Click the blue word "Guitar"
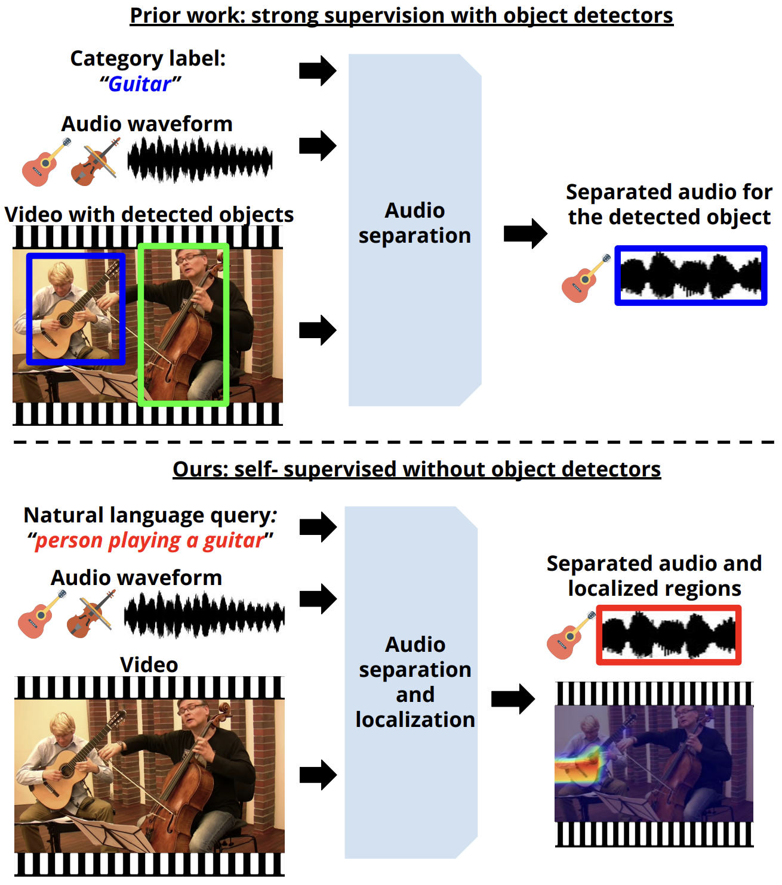[x=140, y=84]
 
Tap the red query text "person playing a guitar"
[x=150, y=541]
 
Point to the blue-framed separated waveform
[x=691, y=275]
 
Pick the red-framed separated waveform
[x=669, y=635]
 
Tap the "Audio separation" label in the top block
[x=415, y=223]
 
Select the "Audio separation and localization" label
[x=415, y=682]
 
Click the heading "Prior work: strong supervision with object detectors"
[x=402, y=16]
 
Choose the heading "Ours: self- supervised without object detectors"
[x=417, y=469]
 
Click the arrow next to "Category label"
[x=318, y=71]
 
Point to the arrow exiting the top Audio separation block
[x=525, y=234]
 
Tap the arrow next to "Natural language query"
[x=318, y=527]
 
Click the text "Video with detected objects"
[x=149, y=215]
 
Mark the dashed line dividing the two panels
[x=393, y=442]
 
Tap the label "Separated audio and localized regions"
[x=654, y=575]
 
